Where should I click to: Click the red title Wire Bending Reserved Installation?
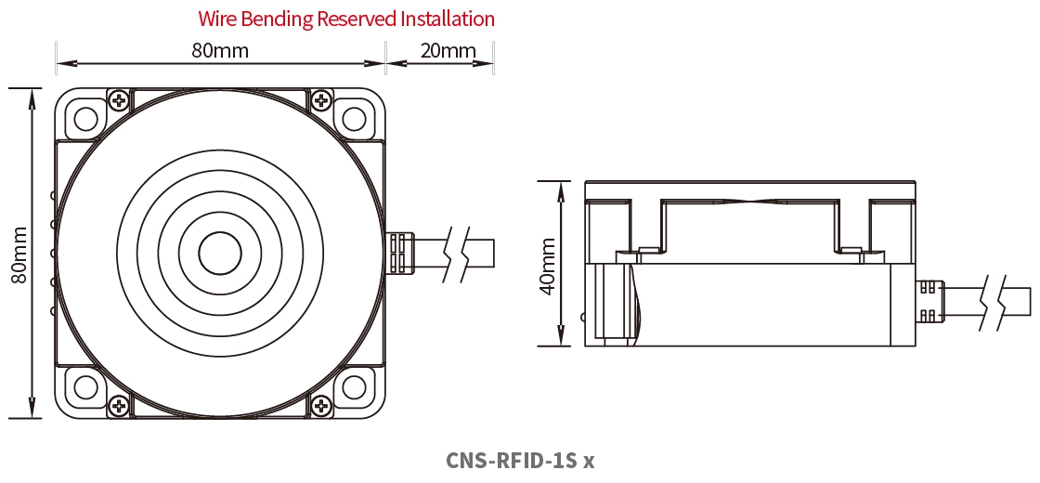pos(346,19)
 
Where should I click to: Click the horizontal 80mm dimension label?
pos(220,50)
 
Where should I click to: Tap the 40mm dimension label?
pos(548,266)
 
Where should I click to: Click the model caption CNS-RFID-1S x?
pos(519,461)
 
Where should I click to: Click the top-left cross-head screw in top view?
pos(119,99)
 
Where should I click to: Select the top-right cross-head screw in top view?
pos(321,99)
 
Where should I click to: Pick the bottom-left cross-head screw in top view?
pos(119,405)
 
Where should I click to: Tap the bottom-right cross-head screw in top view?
pos(321,405)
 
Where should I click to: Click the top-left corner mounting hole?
pos(85,119)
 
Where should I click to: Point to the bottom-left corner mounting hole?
pos(85,386)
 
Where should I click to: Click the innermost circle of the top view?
pos(221,253)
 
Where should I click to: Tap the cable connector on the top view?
pos(399,253)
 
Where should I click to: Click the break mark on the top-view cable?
pos(455,253)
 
